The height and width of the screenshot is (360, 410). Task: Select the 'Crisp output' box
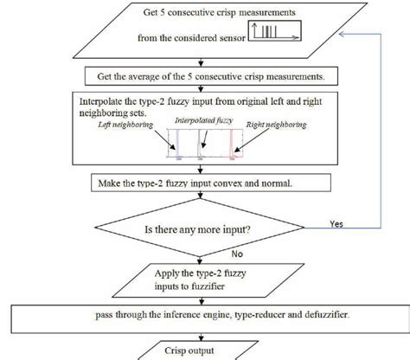point(203,351)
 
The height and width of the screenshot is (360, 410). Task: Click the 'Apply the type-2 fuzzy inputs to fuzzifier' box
point(201,280)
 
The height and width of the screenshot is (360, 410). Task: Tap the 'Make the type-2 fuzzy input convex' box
point(201,183)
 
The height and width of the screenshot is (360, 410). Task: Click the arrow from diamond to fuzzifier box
point(201,258)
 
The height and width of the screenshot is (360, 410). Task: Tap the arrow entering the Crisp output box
point(201,336)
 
